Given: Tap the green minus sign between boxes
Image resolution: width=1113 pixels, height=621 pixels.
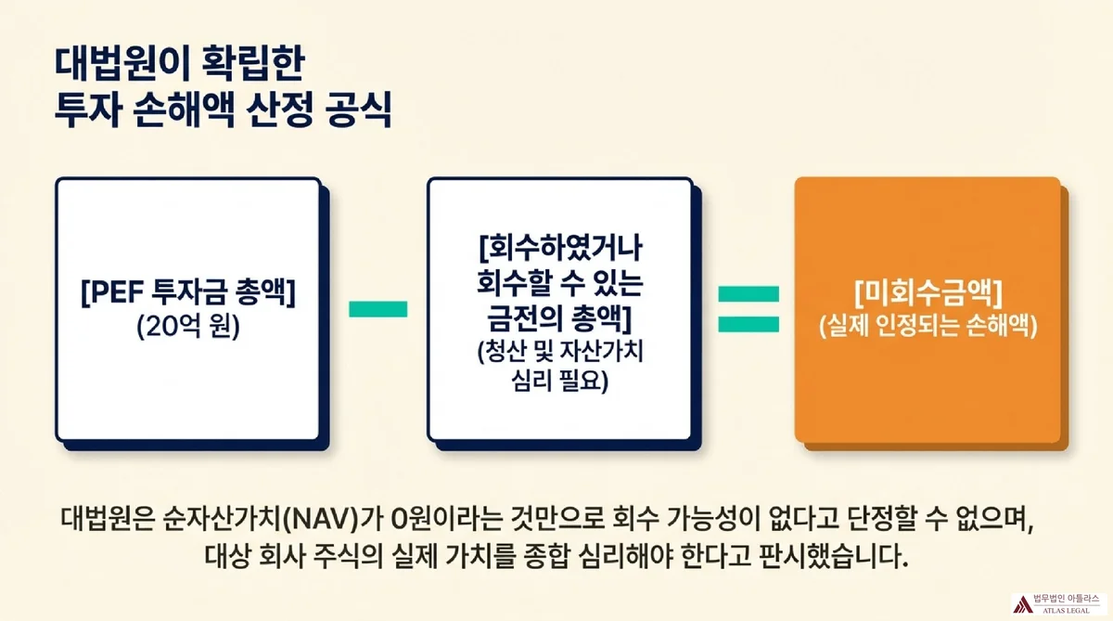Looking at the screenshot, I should pyautogui.click(x=377, y=309).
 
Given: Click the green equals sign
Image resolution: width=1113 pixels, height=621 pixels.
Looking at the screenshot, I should pyautogui.click(x=747, y=308).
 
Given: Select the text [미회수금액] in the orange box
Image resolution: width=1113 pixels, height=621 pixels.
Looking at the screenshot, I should pyautogui.click(x=927, y=295).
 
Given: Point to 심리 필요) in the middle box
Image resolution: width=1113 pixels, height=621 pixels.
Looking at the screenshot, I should pyautogui.click(x=559, y=380).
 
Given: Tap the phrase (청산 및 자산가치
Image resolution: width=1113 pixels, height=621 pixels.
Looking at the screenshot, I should pyautogui.click(x=559, y=353).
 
